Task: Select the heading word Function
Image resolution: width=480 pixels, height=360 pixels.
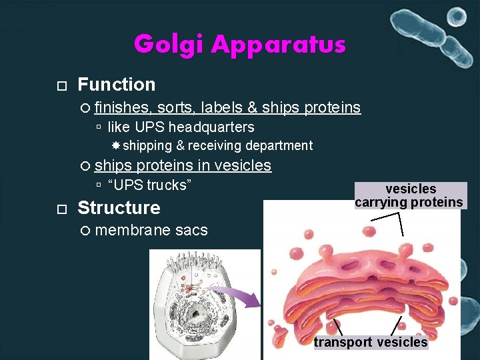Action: (x=117, y=85)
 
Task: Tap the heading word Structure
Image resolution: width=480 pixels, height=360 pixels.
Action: (x=119, y=208)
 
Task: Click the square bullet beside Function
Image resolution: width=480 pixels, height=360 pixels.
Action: (x=61, y=86)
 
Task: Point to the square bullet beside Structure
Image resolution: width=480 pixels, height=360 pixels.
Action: (x=61, y=209)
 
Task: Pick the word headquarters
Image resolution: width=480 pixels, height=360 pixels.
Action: (x=211, y=127)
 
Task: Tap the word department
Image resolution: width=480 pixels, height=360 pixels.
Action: (x=279, y=145)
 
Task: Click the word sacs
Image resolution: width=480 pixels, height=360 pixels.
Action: (x=191, y=231)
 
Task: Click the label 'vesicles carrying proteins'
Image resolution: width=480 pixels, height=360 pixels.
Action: (x=409, y=195)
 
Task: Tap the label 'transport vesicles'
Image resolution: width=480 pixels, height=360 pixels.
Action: (x=371, y=342)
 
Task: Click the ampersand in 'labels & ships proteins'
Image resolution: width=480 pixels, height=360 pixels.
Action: (x=253, y=107)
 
